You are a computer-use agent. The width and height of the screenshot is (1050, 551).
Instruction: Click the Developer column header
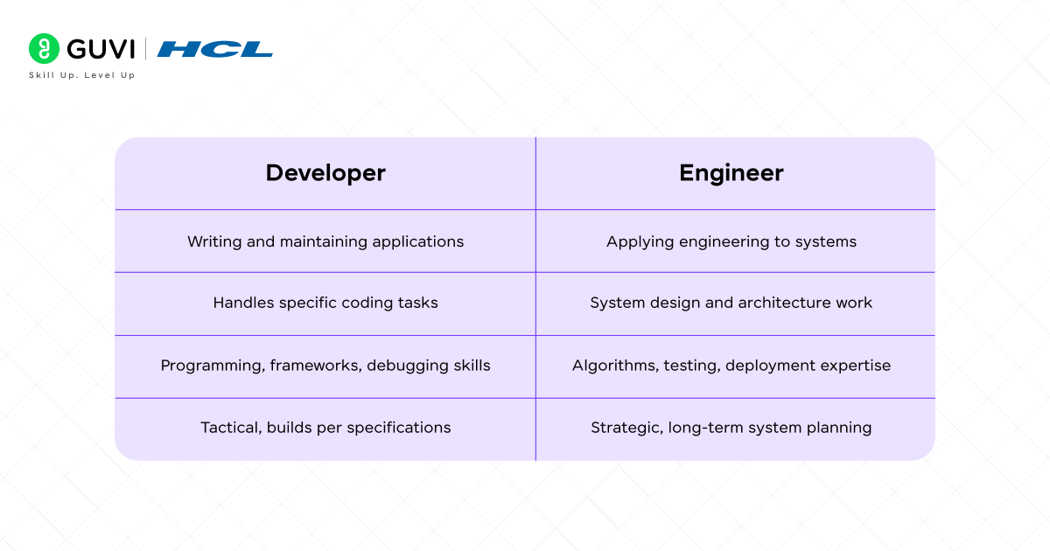coord(325,173)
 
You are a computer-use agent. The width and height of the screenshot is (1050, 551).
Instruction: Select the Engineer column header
coord(731,173)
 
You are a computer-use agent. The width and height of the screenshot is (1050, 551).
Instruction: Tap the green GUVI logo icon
coord(43,49)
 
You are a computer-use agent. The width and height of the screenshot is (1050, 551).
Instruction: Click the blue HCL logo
coord(215,49)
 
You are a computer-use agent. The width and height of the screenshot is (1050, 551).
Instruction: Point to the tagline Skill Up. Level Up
coord(81,75)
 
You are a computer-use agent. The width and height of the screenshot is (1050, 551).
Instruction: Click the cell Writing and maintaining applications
coord(325,241)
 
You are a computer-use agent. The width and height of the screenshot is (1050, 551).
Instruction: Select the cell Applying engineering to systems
coord(731,241)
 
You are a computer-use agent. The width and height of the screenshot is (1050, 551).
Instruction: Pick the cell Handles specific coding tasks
coord(325,303)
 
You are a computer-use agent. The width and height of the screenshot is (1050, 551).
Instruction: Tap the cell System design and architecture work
coord(731,303)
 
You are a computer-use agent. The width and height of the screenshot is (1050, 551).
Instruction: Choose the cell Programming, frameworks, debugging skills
coord(325,366)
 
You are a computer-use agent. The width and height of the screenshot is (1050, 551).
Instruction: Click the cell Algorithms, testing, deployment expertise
coord(731,366)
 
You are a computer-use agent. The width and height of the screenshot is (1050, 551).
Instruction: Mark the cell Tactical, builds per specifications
coord(325,428)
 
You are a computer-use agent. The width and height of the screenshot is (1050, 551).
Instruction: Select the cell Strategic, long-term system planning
coord(731,428)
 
